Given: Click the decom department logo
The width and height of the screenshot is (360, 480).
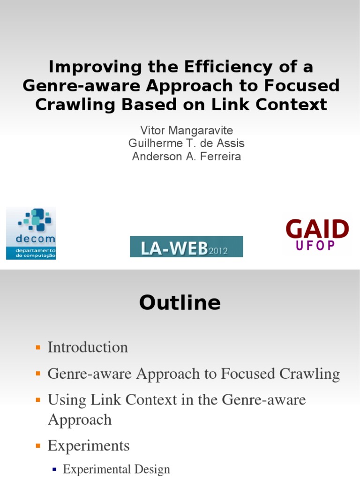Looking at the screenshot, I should click(x=31, y=233).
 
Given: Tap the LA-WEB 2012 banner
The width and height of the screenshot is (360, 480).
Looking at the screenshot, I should click(x=187, y=247).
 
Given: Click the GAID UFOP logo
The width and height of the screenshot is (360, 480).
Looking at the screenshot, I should click(x=317, y=235).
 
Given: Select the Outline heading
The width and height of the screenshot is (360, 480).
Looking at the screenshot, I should click(x=180, y=303).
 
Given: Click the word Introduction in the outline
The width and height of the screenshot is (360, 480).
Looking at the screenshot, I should click(x=88, y=347).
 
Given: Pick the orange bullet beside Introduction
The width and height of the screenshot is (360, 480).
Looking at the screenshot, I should click(x=38, y=347).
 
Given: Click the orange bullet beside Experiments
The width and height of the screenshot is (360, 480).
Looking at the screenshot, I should click(x=38, y=445).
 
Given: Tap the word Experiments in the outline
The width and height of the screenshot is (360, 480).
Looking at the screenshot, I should click(x=89, y=445).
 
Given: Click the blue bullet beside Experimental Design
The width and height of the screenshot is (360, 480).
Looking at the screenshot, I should click(x=54, y=469).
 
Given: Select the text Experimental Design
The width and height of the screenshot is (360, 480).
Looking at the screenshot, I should click(x=116, y=469).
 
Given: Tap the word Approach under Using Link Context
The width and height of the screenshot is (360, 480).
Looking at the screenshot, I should click(x=80, y=419).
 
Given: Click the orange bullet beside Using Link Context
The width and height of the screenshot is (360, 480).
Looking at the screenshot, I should click(x=38, y=400).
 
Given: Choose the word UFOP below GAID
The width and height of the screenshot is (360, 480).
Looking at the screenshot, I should click(x=317, y=245).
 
